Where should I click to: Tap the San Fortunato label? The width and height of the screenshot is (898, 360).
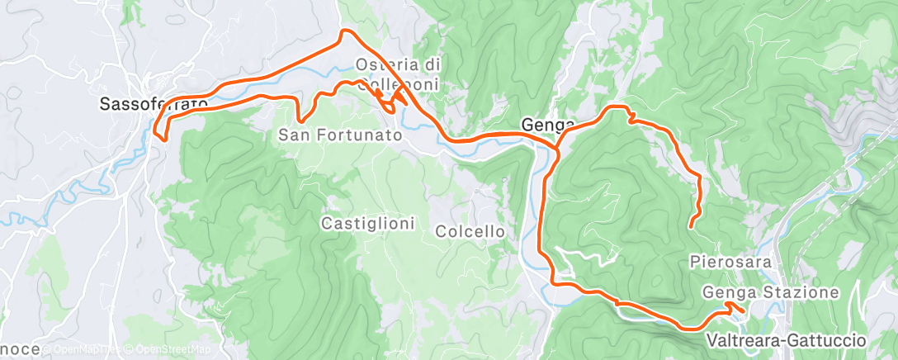340,133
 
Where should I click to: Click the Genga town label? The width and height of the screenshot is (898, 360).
547,125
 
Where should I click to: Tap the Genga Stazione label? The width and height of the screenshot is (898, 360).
771,292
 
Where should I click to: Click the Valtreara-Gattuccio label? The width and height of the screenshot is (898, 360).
786,340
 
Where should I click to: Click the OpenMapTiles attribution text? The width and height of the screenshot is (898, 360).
87,350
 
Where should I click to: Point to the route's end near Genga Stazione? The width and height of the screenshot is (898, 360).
742,310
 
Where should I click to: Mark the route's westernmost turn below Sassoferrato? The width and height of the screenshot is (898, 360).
155,127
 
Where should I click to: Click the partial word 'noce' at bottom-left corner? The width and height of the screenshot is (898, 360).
20,350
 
